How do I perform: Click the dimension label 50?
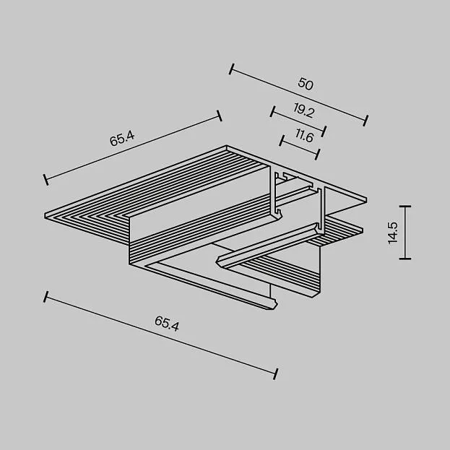[x=306, y=84]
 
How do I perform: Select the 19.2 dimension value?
[x=304, y=111]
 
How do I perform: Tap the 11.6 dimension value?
[x=305, y=136]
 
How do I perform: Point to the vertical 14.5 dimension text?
[x=393, y=233]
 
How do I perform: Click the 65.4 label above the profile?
[x=122, y=139]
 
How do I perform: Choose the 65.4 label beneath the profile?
[x=167, y=324]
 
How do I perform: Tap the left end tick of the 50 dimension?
[x=232, y=69]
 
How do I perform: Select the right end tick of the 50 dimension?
[x=365, y=121]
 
